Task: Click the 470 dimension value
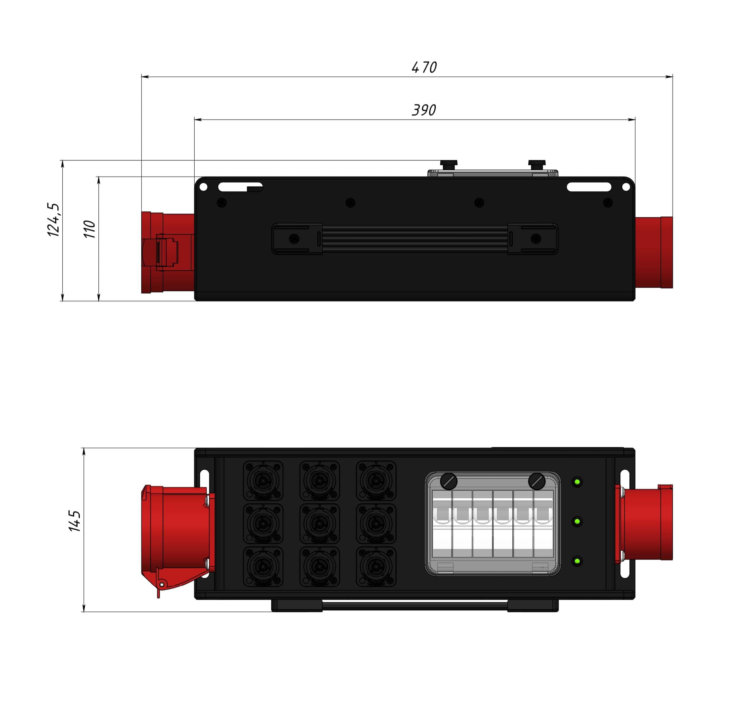tap(424, 67)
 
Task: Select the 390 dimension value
tap(424, 110)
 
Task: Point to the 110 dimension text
tap(89, 229)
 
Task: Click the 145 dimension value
tap(74, 521)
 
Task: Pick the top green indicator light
tap(577, 482)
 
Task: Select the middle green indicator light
tap(577, 522)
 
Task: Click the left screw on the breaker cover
tap(448, 481)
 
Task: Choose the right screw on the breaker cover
tap(537, 481)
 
